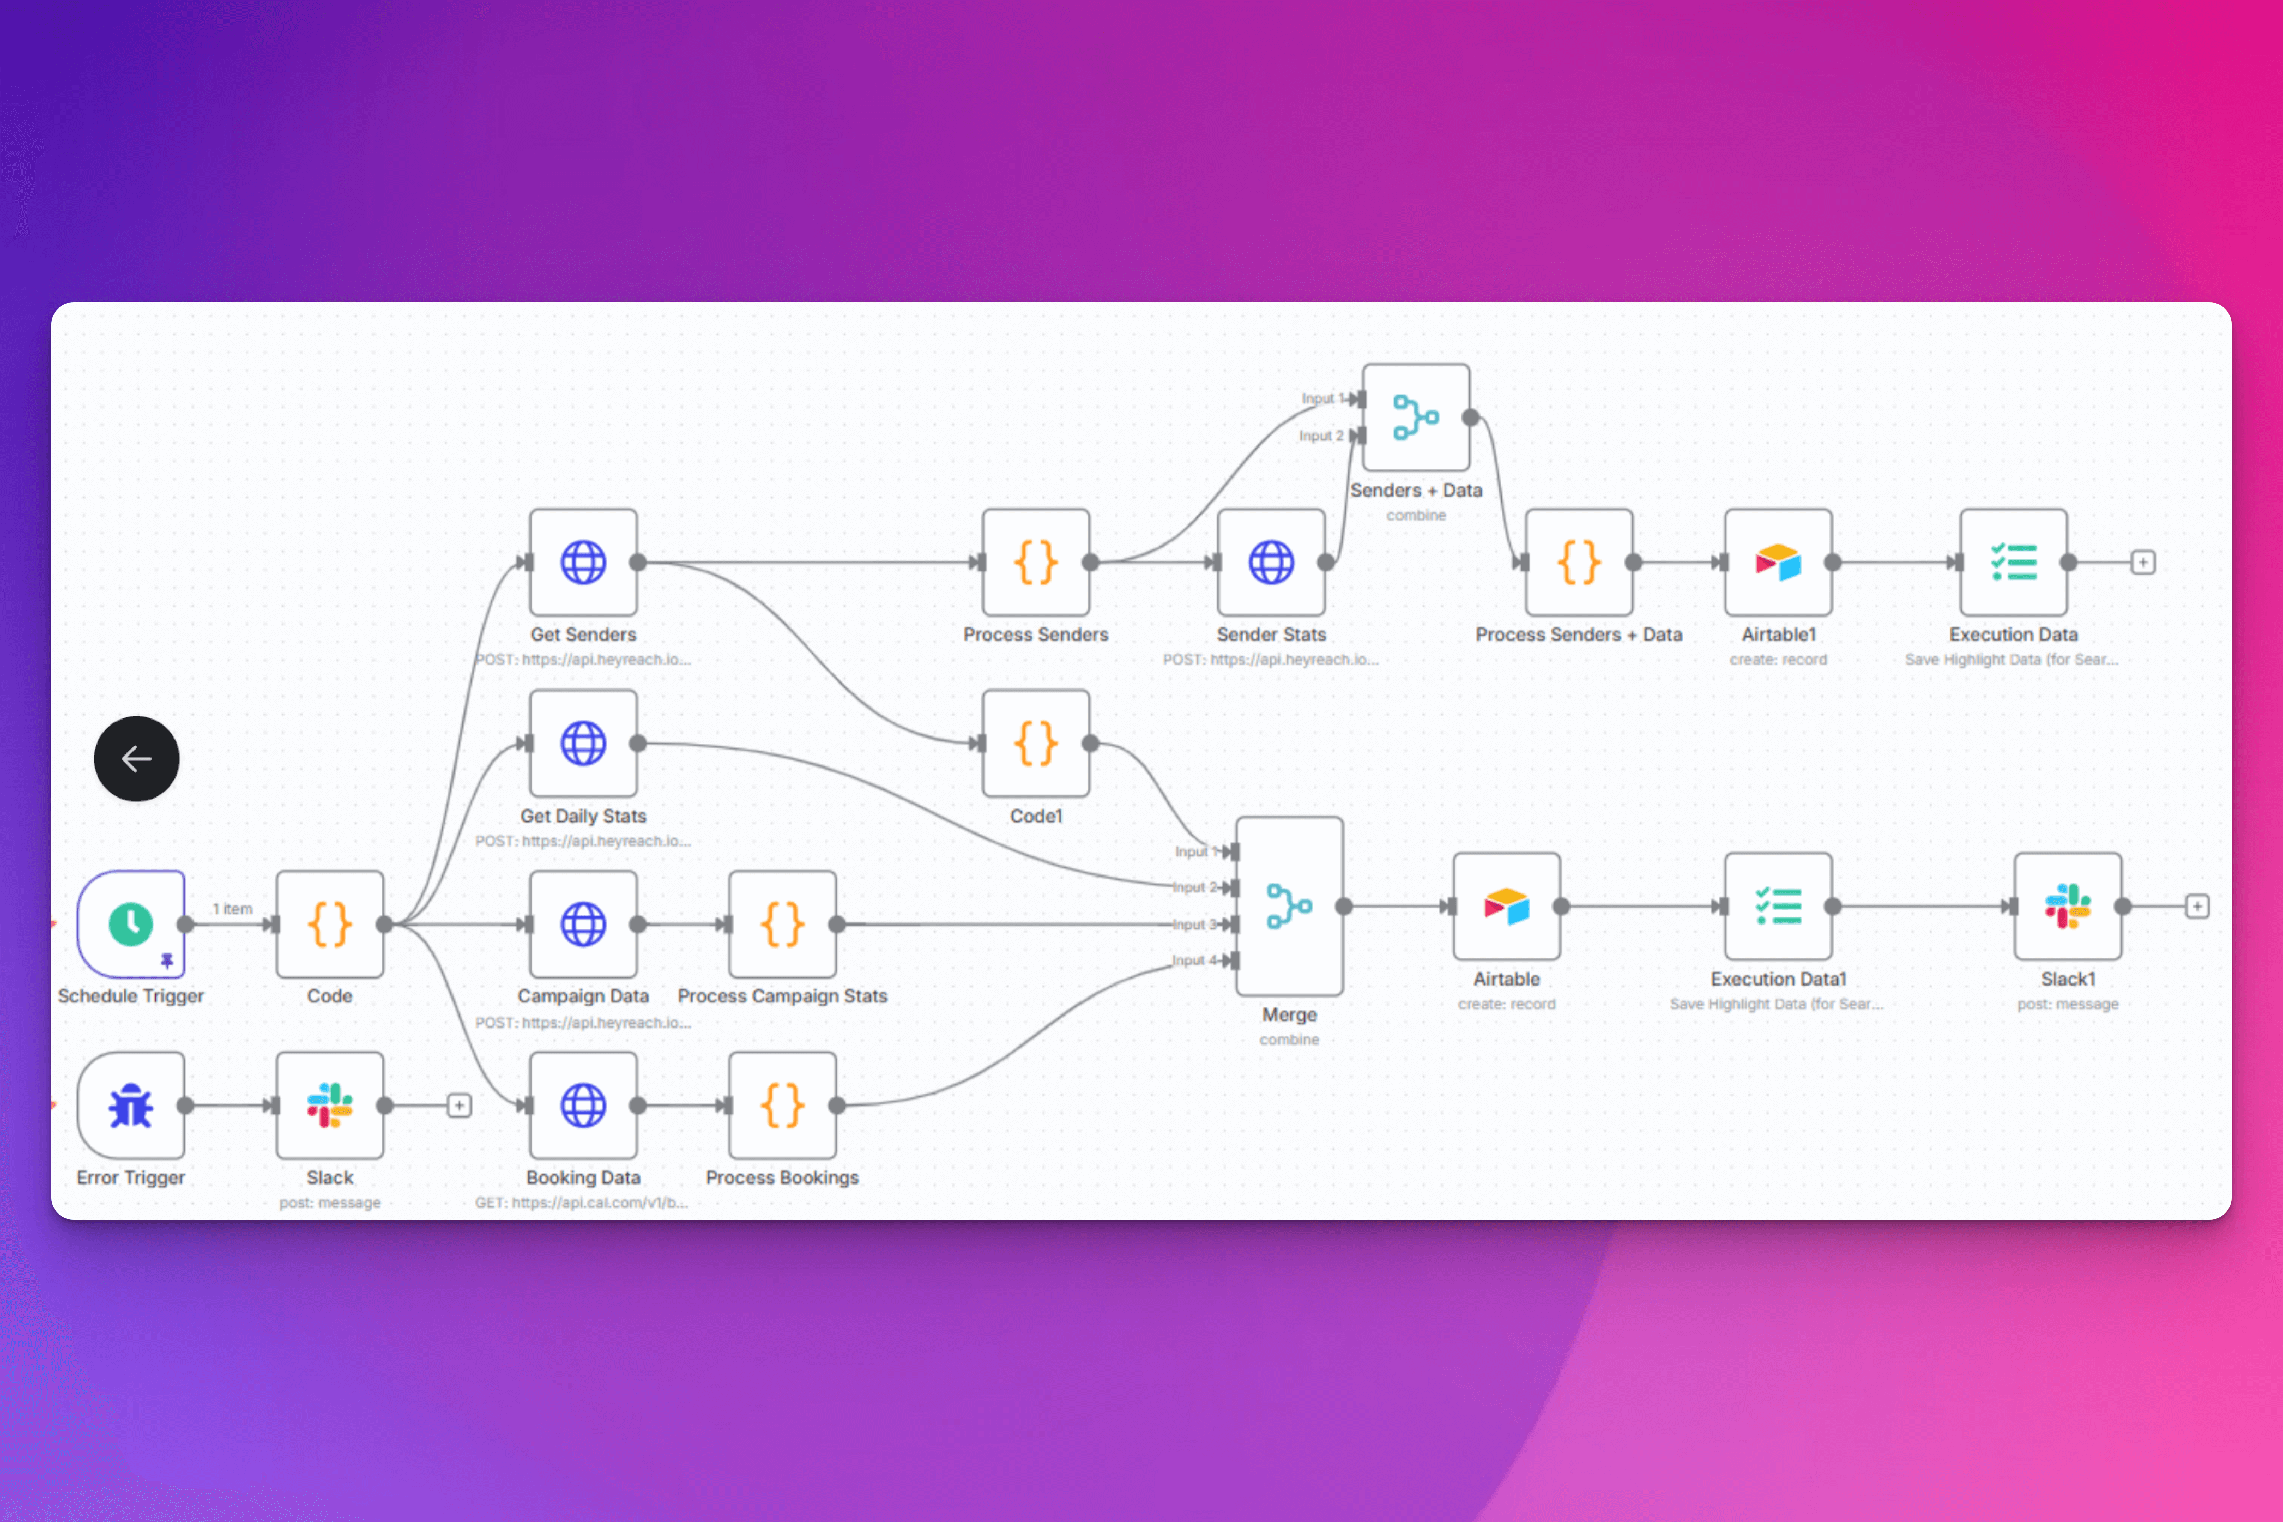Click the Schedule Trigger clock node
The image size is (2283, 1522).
coord(131,923)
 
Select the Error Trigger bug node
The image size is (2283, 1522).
coord(131,1104)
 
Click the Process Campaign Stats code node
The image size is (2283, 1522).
coord(782,923)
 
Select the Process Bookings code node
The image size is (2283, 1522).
coord(782,1104)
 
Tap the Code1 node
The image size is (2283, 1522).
coord(1036,744)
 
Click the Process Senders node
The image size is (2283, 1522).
coord(1036,562)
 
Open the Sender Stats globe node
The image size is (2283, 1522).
coord(1271,562)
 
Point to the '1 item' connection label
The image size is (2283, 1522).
coord(233,909)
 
